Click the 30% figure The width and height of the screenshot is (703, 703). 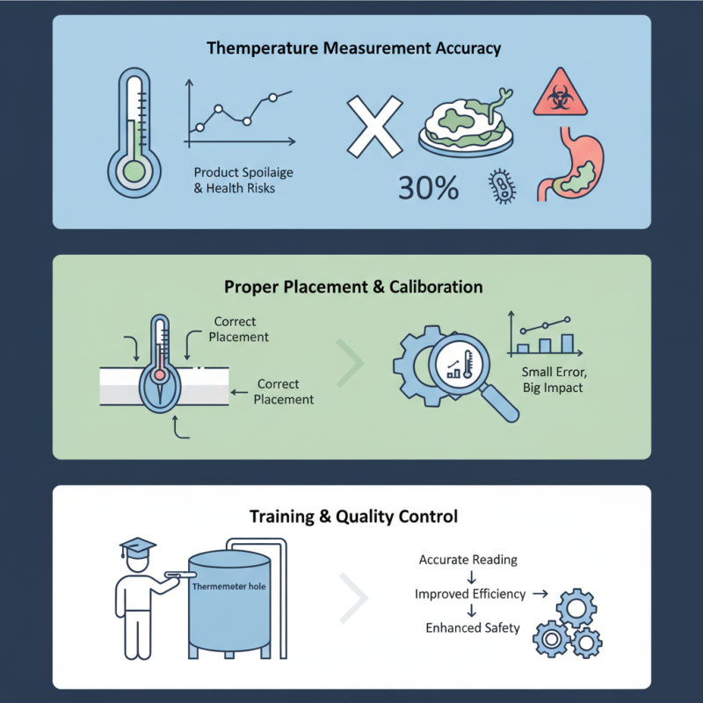(x=429, y=187)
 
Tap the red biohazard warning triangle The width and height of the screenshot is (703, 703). (x=560, y=94)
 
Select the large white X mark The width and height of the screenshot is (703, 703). (x=375, y=127)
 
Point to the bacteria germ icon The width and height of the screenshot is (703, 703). (x=502, y=186)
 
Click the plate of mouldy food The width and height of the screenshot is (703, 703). (x=467, y=126)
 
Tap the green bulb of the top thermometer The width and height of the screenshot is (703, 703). (x=134, y=171)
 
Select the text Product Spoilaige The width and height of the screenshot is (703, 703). (x=243, y=172)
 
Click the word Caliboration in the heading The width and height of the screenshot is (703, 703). (x=436, y=287)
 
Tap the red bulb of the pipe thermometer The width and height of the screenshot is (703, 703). (x=159, y=375)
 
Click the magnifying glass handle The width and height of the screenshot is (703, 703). (x=499, y=402)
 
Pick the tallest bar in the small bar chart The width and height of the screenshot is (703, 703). (x=567, y=344)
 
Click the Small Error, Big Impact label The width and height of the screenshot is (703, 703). (x=554, y=380)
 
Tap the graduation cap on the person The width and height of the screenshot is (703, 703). (x=137, y=547)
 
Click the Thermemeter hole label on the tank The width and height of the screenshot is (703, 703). (x=229, y=586)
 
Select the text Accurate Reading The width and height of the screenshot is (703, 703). (x=468, y=560)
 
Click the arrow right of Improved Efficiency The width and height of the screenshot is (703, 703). (x=540, y=594)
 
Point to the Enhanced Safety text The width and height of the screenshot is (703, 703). (x=473, y=628)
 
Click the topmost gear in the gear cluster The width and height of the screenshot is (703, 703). (x=576, y=608)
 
